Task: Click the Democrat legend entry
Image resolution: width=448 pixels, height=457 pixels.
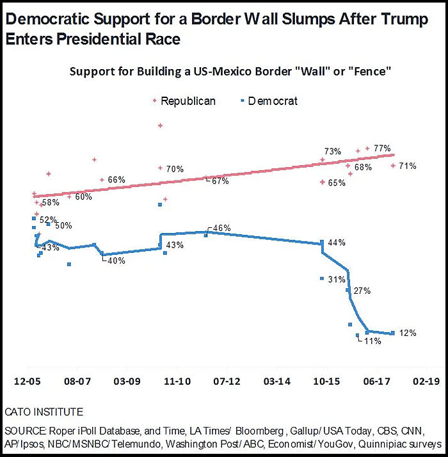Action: (272, 101)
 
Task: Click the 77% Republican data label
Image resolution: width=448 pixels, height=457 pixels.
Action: (383, 148)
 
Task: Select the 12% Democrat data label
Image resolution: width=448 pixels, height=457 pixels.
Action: (408, 333)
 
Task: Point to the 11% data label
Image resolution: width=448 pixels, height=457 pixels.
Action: (372, 342)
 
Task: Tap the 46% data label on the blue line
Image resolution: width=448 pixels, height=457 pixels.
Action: (221, 228)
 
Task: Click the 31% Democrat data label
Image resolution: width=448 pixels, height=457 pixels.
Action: (337, 279)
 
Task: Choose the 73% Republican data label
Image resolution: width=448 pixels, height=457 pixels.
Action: (333, 152)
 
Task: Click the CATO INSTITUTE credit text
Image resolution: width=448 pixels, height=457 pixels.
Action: (44, 411)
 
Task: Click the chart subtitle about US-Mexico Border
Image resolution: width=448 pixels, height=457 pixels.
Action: (230, 71)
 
